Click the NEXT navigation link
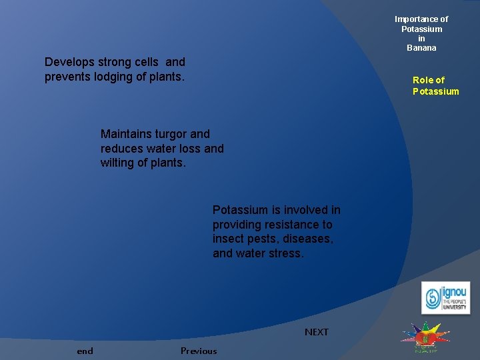coord(317,332)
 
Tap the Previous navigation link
coord(199,351)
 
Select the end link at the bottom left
coord(85,351)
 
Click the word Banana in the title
coord(421,48)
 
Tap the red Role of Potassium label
coord(435,86)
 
